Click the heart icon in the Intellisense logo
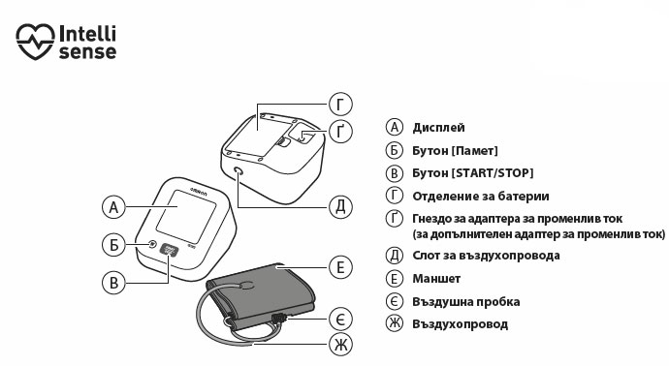(x=36, y=42)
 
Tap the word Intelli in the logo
(x=87, y=33)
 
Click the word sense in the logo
(x=87, y=52)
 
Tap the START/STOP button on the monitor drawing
(x=169, y=249)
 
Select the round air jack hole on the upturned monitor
(x=239, y=171)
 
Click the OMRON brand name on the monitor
(x=199, y=192)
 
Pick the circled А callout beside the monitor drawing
(x=113, y=207)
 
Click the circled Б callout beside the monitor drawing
(x=113, y=245)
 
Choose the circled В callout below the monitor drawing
(x=113, y=283)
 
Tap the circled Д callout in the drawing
(x=340, y=207)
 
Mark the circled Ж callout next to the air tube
(x=340, y=345)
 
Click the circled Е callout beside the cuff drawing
(x=340, y=267)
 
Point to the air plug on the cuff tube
(x=278, y=318)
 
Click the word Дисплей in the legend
(x=438, y=128)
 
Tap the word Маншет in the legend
(x=436, y=279)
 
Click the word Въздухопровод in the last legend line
(x=460, y=324)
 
